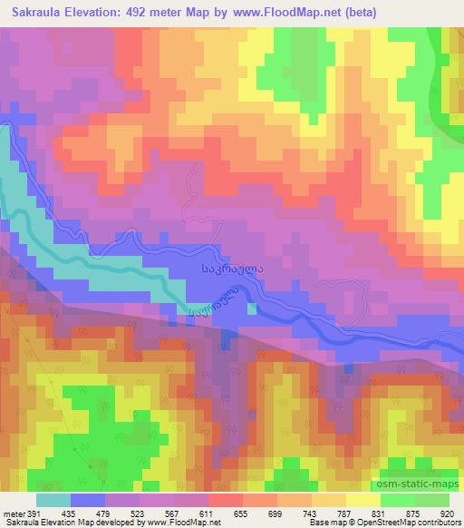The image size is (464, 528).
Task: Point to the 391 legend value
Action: click(33, 513)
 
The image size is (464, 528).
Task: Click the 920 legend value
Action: click(448, 513)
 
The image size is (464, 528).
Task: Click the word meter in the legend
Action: click(13, 513)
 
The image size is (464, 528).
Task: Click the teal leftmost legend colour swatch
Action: click(54, 500)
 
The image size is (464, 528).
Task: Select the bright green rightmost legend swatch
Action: click(431, 500)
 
